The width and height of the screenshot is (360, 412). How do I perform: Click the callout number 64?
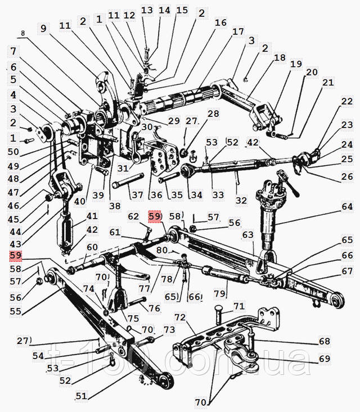pos(347,206)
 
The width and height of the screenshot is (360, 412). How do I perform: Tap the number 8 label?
pos(22,33)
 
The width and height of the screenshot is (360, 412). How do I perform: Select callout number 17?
pos(238,31)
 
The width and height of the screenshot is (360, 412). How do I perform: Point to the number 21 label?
pos(328,83)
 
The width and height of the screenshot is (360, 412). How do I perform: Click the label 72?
pos(181,318)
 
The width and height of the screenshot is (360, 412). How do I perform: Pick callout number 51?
pos(81,396)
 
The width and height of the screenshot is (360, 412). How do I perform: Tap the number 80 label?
pos(162,250)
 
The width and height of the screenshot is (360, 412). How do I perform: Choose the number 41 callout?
pos(92,216)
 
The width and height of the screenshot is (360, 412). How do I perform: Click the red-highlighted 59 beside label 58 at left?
pos(16,255)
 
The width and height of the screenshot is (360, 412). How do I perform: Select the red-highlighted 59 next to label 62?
pos(154,216)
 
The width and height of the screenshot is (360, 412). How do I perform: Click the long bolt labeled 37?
pos(128,180)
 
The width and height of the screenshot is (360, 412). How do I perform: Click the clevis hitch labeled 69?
pos(241,354)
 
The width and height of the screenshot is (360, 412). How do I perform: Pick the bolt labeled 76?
pos(137,302)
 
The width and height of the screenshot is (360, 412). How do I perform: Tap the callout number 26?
pos(347,176)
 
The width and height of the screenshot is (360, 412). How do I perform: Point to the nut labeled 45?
pos(48,197)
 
